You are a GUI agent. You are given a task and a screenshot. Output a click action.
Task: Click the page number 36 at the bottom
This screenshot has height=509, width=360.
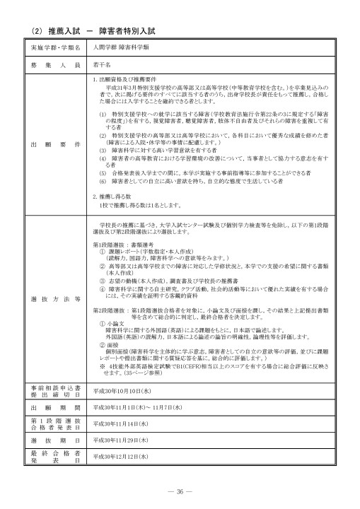pyautogui.click(x=180, y=492)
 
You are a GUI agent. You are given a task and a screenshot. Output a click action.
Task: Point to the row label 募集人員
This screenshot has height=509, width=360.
pyautogui.click(x=56, y=64)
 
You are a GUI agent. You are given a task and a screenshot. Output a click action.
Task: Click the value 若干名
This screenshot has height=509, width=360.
pyautogui.click(x=101, y=64)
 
